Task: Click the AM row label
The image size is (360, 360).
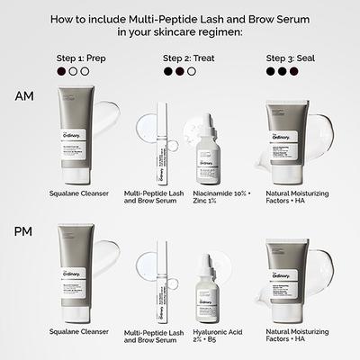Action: coord(23,96)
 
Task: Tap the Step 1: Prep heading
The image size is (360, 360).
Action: coord(78,58)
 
